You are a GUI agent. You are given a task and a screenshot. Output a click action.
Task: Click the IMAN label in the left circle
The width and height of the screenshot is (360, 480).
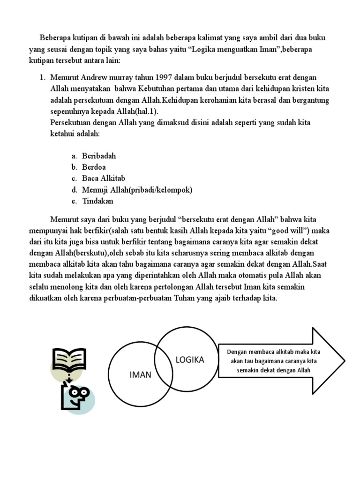click(x=141, y=375)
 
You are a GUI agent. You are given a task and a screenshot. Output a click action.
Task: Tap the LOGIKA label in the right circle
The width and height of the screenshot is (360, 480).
click(x=189, y=360)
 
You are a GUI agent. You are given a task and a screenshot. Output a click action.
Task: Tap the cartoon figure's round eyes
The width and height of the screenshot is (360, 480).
click(x=77, y=392)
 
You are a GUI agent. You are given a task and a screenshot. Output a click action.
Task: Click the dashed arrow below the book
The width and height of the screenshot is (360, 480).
click(x=69, y=377)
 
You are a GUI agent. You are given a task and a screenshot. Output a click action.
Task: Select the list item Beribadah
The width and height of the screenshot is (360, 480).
click(x=98, y=156)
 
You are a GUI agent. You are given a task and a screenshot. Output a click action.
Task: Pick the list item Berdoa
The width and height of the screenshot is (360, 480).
click(x=94, y=167)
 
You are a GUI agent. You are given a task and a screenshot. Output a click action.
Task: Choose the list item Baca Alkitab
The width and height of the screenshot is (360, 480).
click(x=104, y=178)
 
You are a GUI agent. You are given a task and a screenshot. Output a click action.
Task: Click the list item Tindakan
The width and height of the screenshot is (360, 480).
click(x=97, y=201)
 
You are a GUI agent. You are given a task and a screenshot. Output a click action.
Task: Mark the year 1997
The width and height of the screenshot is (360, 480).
click(x=165, y=77)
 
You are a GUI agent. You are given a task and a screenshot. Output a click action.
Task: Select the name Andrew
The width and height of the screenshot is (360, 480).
click(x=92, y=77)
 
